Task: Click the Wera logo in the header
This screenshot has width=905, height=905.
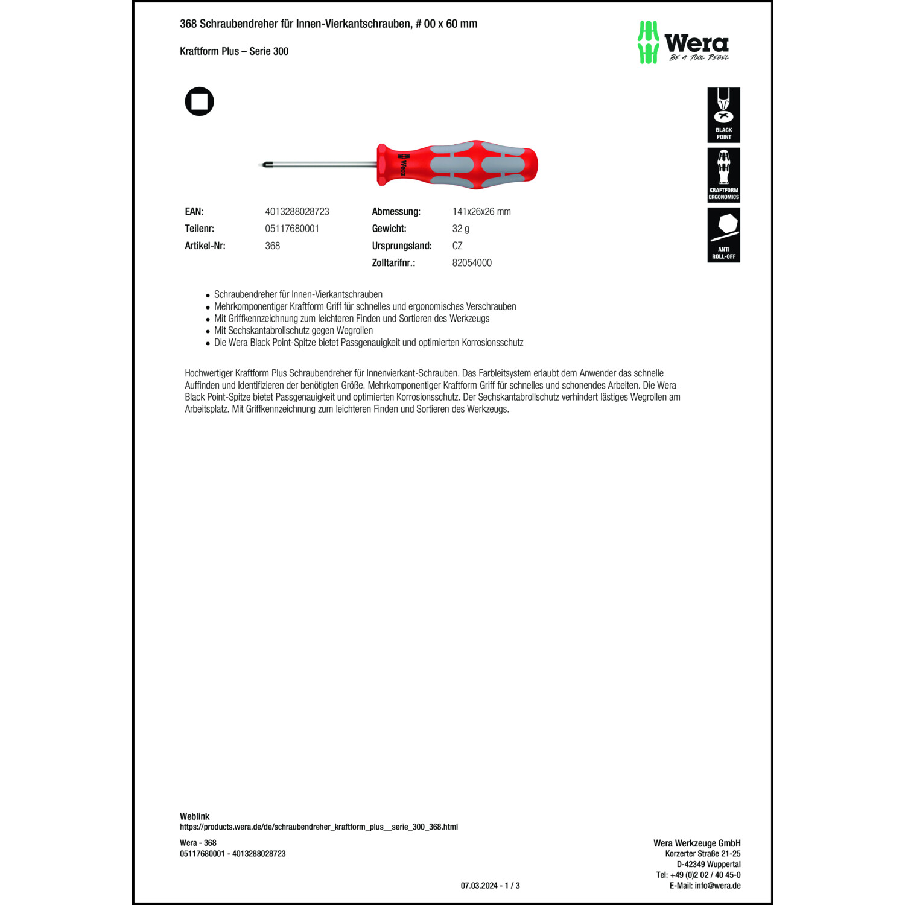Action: pos(683,42)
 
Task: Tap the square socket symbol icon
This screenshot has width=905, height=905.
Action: pos(199,101)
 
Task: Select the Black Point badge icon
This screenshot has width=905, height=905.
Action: pos(723,115)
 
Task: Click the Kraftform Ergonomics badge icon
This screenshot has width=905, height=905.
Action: pos(723,175)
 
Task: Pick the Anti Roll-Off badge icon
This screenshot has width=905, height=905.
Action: pos(723,235)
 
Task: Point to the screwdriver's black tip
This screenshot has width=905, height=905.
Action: pos(262,164)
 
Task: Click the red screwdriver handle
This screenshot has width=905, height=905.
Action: pos(457,165)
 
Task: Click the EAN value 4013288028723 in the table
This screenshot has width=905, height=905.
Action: pos(297,212)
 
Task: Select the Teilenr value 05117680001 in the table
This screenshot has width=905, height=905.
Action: pos(292,229)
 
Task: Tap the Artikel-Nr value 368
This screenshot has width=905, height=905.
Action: pos(273,246)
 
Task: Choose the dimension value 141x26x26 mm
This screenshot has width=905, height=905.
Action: pos(481,212)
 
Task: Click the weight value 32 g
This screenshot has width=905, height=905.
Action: pos(460,229)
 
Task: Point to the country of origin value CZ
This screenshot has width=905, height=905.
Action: pos(457,246)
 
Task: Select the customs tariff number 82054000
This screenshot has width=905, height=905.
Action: pos(472,263)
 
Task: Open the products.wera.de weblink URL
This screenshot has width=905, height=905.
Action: pos(319,827)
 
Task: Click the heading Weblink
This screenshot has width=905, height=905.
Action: pos(194,816)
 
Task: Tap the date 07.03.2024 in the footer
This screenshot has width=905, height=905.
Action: pos(479,886)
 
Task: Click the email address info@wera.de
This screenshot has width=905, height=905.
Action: pos(717,886)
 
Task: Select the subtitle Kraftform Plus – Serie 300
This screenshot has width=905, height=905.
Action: pos(234,51)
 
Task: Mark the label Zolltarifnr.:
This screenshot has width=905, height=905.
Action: pos(393,263)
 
